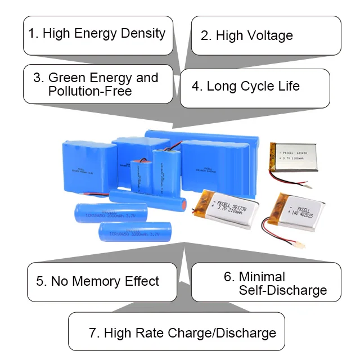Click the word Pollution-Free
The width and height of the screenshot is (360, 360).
(90, 91)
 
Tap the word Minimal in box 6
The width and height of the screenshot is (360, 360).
(262, 276)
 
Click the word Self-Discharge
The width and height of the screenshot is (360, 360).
(283, 290)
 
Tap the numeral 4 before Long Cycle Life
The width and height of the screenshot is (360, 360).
(196, 87)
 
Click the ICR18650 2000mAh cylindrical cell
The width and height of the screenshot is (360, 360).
(111, 214)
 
